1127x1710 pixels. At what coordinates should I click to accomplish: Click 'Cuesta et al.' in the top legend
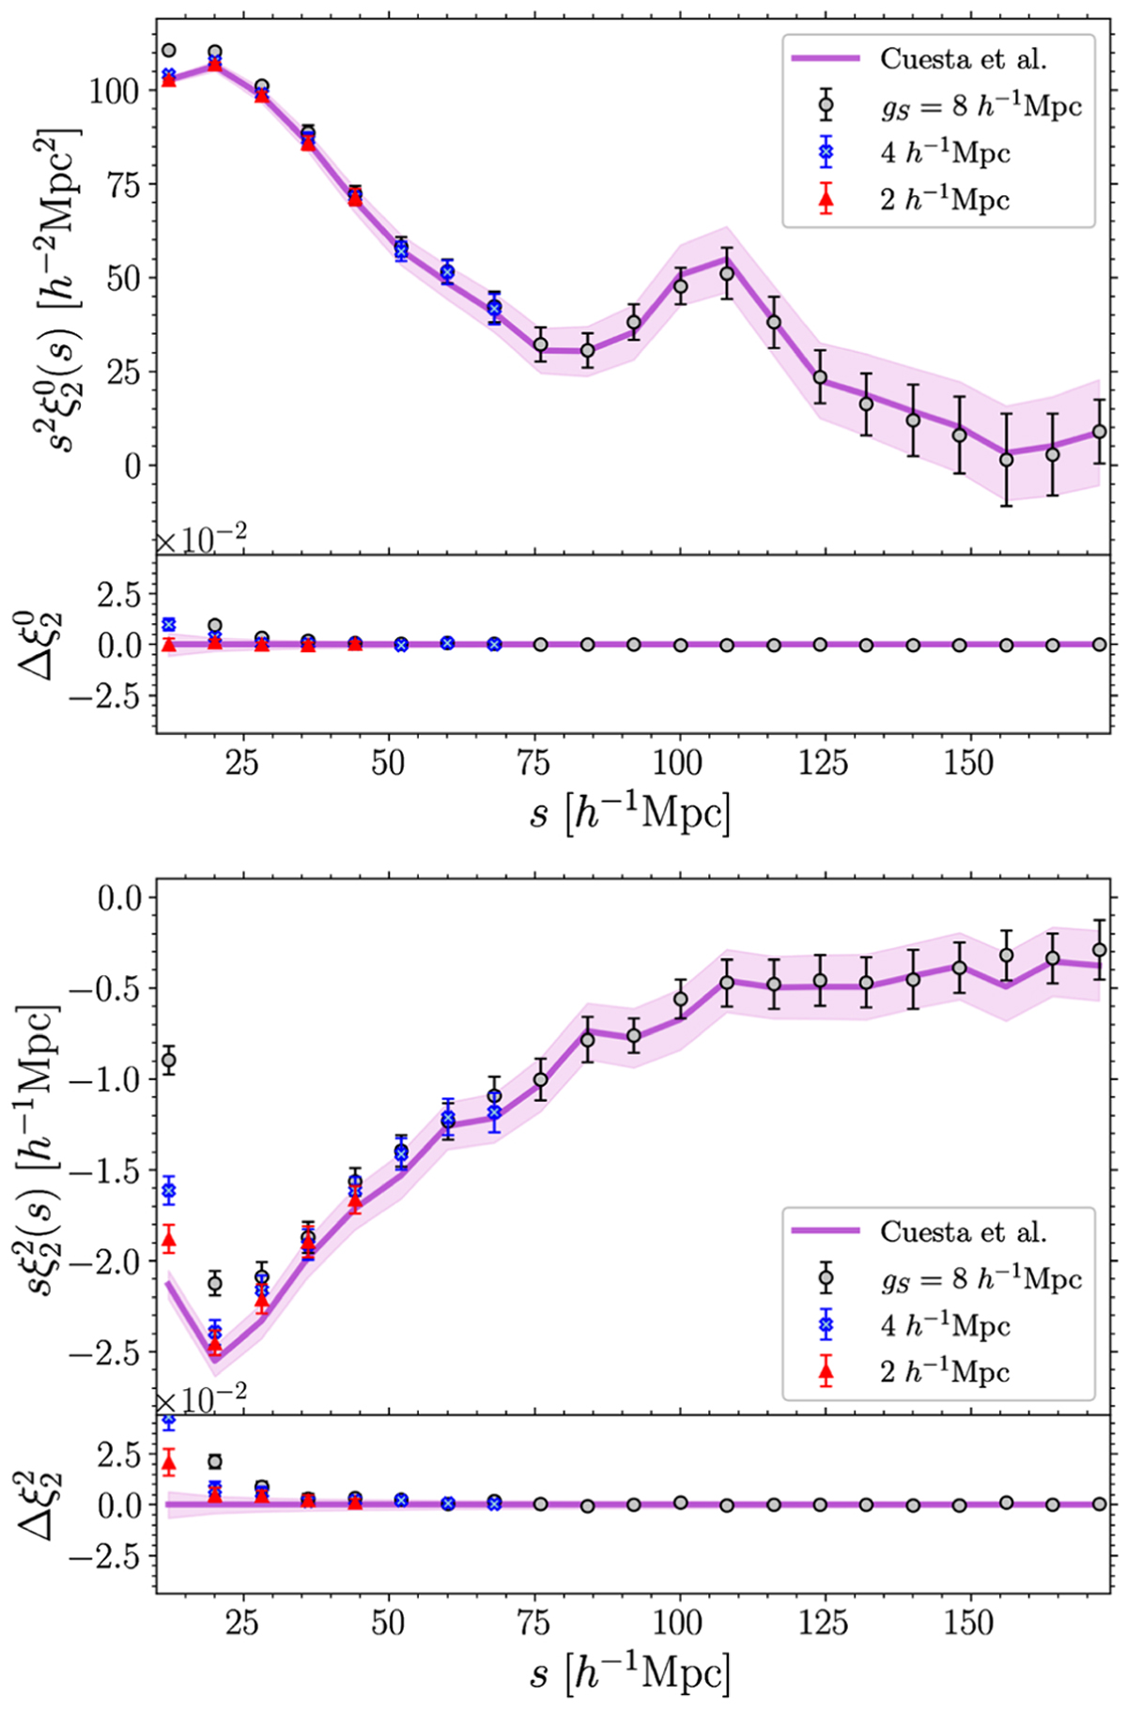coord(962,58)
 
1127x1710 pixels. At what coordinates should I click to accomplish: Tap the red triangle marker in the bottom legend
coord(826,1372)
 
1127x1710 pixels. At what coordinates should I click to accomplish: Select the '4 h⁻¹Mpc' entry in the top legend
coord(944,152)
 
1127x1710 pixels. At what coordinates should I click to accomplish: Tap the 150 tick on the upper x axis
coord(968,763)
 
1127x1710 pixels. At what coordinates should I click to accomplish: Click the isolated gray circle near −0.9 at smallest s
coord(169,1061)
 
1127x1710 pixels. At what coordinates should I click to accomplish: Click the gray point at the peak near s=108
coord(726,273)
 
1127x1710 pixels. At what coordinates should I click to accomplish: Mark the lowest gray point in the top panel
coord(1006,459)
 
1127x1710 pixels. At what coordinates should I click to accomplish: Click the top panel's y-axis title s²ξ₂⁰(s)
coord(66,282)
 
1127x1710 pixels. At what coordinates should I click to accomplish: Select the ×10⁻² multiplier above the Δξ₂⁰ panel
coord(201,541)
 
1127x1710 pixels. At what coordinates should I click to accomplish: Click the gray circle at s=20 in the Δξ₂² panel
coord(215,1461)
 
